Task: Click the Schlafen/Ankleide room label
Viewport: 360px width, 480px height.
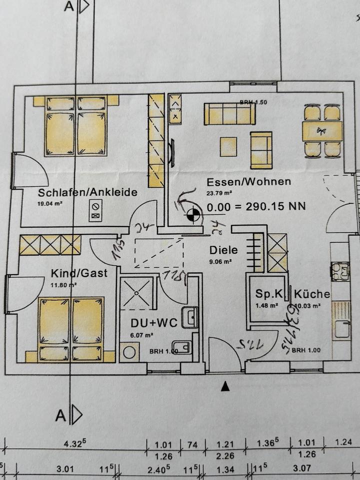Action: [87, 192]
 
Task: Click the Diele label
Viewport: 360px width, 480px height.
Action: [224, 250]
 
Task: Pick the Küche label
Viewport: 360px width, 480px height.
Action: [312, 294]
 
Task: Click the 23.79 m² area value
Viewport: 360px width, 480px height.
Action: [220, 191]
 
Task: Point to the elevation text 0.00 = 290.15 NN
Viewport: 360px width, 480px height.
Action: [256, 205]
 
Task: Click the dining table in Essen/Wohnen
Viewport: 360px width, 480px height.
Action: [322, 131]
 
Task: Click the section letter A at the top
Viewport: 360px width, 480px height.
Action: [68, 6]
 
